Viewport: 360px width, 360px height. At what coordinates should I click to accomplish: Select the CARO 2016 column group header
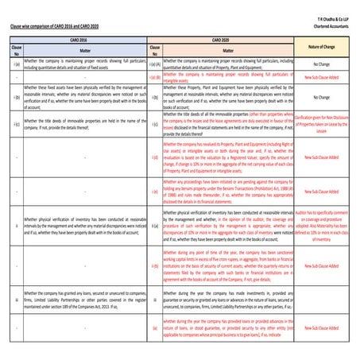click(x=80, y=38)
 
